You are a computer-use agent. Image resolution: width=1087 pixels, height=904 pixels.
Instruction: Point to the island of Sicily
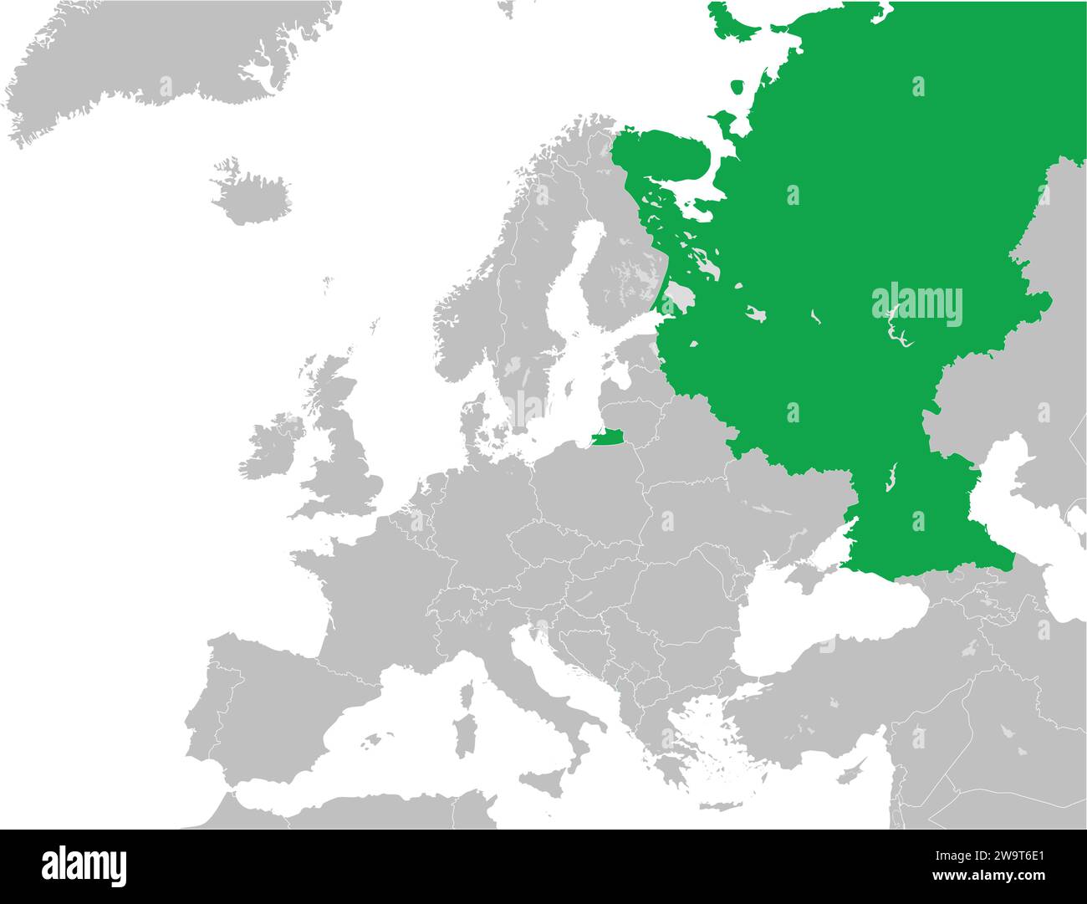tap(549, 786)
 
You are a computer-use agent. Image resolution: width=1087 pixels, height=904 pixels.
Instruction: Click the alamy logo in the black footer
tap(84, 865)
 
